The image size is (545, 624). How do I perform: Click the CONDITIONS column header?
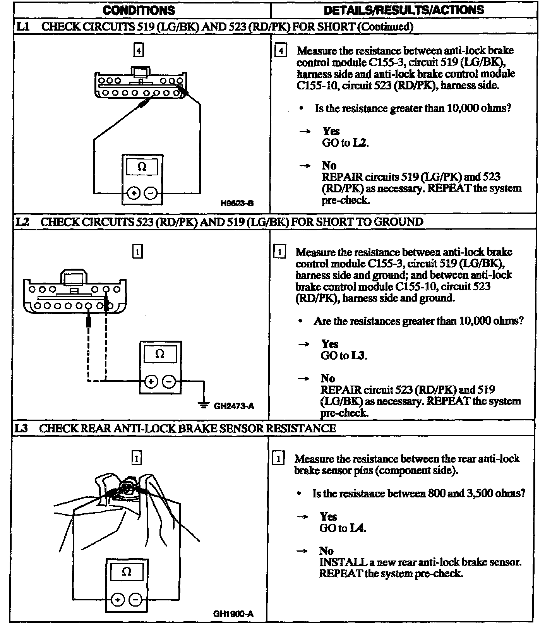pyautogui.click(x=139, y=10)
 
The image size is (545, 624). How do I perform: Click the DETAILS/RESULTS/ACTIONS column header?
pyautogui.click(x=404, y=10)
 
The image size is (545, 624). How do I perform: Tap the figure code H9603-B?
pyautogui.click(x=237, y=203)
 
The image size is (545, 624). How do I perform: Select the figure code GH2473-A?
pyautogui.click(x=234, y=406)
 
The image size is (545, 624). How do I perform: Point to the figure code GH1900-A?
pyautogui.click(x=233, y=614)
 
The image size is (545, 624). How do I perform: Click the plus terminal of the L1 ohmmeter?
pyautogui.click(x=134, y=193)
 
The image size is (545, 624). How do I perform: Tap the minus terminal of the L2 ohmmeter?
pyautogui.click(x=169, y=382)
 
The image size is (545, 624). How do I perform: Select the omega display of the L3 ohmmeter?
pyautogui.click(x=127, y=572)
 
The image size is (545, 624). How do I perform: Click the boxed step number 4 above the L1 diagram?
pyautogui.click(x=139, y=50)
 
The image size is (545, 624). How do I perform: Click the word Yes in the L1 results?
pyautogui.click(x=331, y=131)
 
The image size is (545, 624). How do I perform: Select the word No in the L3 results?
pyautogui.click(x=326, y=550)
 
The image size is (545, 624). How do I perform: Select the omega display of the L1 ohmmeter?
pyautogui.click(x=142, y=167)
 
